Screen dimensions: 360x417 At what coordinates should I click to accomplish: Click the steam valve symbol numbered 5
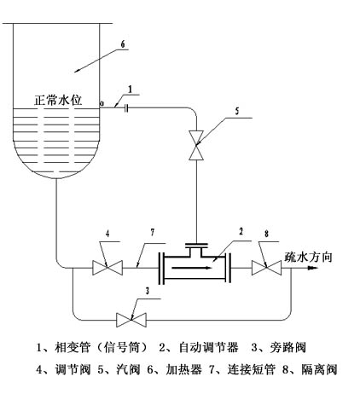click(196, 145)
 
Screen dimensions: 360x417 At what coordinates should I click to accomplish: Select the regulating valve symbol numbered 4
click(107, 268)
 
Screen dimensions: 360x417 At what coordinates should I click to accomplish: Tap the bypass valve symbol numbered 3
click(131, 320)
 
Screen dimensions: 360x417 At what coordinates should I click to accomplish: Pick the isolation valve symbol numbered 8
click(267, 268)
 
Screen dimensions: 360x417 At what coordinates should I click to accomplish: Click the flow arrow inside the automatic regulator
click(192, 268)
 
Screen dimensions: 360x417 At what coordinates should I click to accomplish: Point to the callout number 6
click(123, 44)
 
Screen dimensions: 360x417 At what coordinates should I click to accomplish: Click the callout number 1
click(131, 90)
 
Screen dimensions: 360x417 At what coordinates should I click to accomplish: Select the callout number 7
click(153, 233)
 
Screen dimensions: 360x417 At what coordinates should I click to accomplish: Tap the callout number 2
click(241, 231)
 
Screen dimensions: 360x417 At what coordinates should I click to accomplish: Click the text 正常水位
click(58, 101)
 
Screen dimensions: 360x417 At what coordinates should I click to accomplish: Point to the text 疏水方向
click(308, 257)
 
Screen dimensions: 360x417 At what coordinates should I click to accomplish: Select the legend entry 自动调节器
click(208, 347)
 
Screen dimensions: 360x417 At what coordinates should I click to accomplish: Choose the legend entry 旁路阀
click(288, 347)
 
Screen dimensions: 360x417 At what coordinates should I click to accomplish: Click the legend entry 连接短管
click(252, 369)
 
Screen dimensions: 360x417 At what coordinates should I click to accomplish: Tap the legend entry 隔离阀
click(319, 369)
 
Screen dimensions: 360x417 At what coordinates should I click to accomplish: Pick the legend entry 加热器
click(184, 369)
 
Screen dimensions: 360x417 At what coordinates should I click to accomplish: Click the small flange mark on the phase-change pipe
click(126, 108)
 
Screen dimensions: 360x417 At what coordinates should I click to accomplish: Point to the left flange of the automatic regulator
click(161, 268)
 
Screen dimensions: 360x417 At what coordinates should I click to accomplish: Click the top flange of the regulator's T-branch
click(196, 244)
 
